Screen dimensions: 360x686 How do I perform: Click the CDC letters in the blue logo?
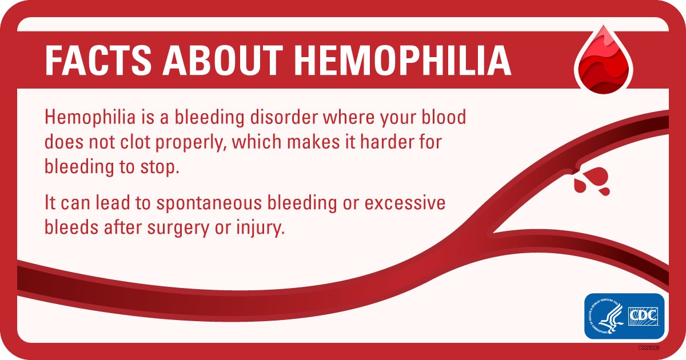(x=643, y=315)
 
